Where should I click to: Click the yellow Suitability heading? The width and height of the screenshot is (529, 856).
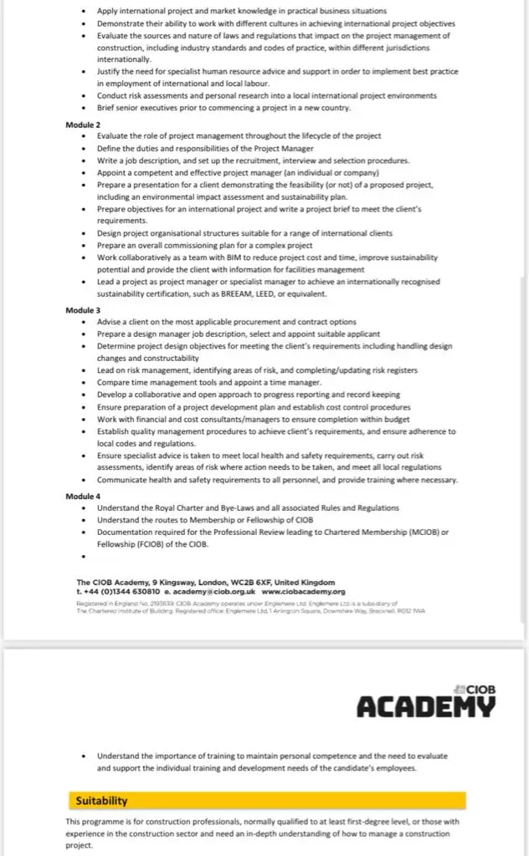102,800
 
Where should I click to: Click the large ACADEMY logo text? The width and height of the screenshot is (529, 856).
426,706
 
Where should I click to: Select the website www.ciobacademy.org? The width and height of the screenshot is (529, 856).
310,591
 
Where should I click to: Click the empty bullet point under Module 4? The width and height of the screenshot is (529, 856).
85,556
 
